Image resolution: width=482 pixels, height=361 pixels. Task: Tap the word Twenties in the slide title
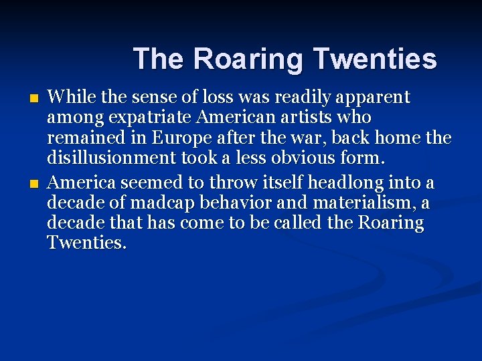click(374, 59)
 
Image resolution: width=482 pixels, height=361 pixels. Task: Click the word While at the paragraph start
click(68, 98)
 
